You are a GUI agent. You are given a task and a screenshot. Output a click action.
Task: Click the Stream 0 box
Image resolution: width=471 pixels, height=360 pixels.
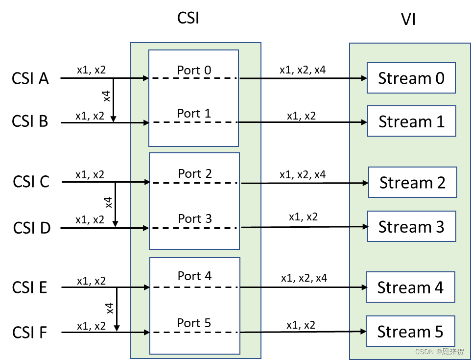(411, 78)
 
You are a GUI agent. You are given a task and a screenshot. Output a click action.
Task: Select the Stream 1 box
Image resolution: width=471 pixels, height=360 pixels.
(412, 121)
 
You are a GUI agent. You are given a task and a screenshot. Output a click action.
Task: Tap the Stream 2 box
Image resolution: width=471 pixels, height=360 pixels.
(412, 182)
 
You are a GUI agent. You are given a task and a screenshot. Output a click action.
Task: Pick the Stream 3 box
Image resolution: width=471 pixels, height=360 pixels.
(412, 226)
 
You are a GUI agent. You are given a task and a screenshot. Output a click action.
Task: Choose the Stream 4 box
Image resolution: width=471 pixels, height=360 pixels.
(410, 287)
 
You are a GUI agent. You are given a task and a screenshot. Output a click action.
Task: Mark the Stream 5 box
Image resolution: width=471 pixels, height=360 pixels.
(410, 331)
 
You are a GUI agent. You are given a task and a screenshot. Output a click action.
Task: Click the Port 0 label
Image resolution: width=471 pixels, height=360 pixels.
(194, 70)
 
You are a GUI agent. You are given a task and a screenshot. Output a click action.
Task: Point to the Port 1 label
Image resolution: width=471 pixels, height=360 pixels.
(194, 113)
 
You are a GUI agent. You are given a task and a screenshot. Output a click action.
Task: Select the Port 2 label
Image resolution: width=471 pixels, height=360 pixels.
(195, 173)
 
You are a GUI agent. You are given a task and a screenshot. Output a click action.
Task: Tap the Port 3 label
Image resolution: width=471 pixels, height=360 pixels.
(195, 218)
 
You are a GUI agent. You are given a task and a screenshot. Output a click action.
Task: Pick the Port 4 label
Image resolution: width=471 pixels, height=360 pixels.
(194, 276)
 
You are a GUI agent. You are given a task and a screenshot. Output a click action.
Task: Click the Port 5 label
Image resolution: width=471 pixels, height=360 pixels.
(194, 323)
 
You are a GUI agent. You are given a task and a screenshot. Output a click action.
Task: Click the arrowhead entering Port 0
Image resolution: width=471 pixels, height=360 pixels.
(145, 78)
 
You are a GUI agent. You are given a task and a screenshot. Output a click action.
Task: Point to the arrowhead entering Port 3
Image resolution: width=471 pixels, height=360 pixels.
(145, 228)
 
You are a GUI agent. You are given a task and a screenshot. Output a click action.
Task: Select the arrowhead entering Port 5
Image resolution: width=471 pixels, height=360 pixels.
(146, 333)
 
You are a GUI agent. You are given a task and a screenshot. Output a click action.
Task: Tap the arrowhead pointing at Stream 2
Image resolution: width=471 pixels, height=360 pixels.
(365, 183)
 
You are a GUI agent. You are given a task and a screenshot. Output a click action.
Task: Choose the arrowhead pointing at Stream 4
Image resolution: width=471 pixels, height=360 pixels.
(363, 287)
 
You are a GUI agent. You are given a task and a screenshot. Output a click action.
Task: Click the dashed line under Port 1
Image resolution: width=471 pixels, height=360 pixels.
(194, 122)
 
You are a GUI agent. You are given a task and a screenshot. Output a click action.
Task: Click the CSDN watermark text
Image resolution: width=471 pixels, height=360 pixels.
(439, 352)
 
